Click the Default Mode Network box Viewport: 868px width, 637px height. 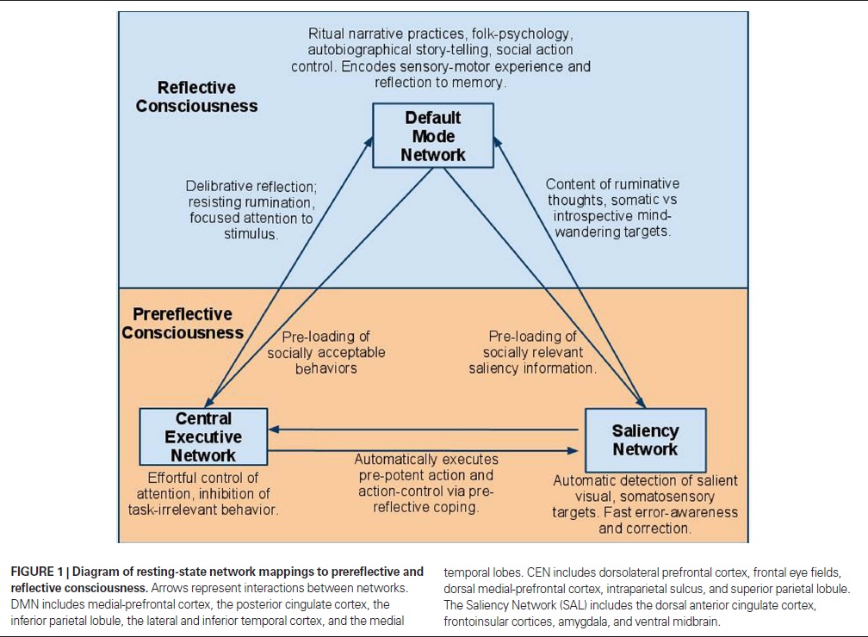point(433,136)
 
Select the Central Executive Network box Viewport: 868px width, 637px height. point(202,437)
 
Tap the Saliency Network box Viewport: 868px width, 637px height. point(645,439)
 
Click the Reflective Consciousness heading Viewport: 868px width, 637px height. point(196,96)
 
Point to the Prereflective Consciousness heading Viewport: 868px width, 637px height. point(182,323)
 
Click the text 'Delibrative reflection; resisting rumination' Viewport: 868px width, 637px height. point(251,194)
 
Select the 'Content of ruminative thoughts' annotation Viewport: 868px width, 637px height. point(612,184)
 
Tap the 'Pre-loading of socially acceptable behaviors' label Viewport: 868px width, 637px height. point(325,352)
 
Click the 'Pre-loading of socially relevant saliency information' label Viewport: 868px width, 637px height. point(532,352)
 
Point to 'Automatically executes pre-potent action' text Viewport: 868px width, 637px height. point(425,475)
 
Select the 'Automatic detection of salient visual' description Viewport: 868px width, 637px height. point(645,480)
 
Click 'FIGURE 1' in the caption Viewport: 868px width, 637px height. point(39,572)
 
